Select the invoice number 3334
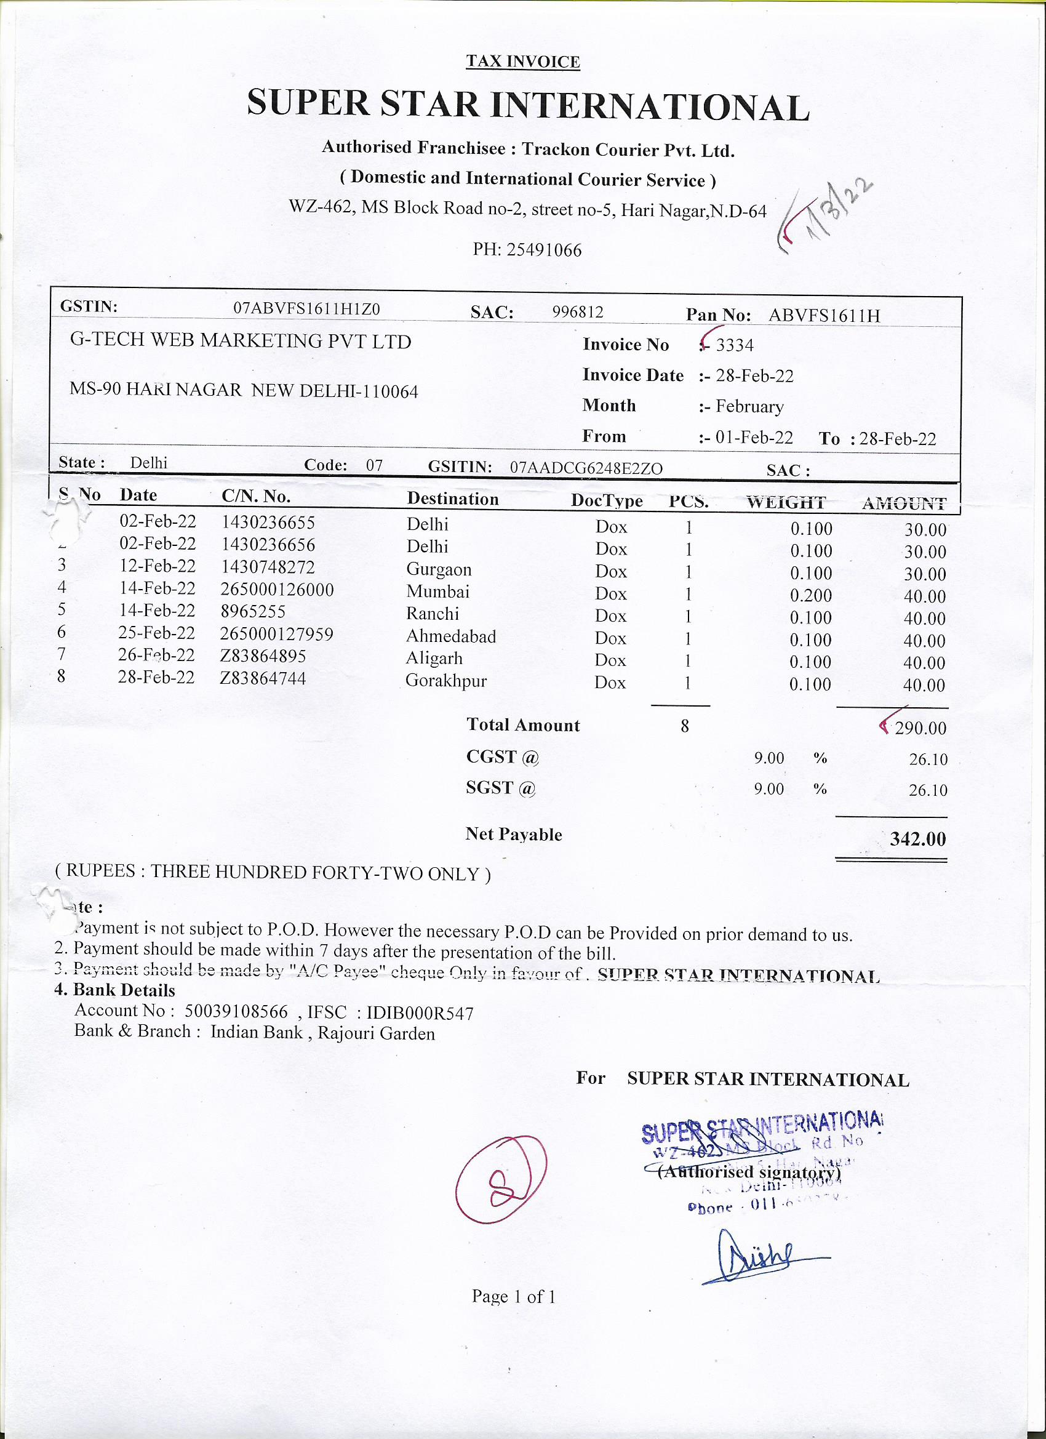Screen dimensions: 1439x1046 [735, 345]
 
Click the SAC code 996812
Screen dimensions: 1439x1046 [578, 312]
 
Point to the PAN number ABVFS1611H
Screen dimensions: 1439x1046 [824, 315]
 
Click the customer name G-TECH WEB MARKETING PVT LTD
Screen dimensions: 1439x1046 [241, 342]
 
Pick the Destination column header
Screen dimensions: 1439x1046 [453, 499]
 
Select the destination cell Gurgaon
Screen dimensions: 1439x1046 [439, 569]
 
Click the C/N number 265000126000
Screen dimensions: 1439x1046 [277, 590]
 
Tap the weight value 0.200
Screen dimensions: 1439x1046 [811, 595]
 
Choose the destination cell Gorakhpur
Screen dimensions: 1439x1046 [446, 681]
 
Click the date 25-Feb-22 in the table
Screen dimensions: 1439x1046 [157, 633]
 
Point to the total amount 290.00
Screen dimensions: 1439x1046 [920, 728]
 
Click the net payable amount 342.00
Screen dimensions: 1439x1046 [917, 839]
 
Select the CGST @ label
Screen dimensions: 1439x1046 [501, 757]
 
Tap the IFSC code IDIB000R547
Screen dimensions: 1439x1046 [420, 1013]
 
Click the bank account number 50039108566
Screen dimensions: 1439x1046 [236, 1011]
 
